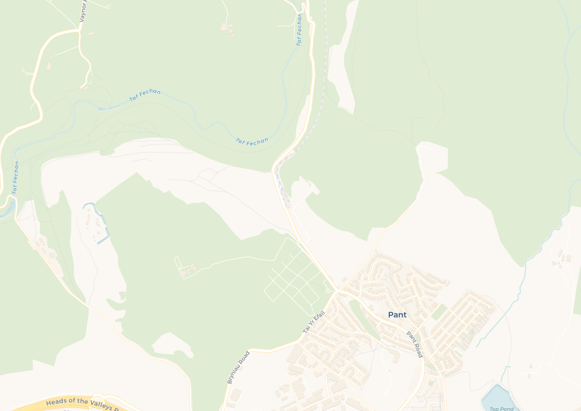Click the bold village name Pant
point(397,315)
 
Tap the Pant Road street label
point(415,344)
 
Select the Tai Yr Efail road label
point(314,322)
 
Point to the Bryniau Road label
point(238,367)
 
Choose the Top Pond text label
point(501,408)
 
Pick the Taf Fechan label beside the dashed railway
point(300,29)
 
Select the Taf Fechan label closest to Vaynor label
point(145,96)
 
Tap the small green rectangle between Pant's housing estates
point(439,311)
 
